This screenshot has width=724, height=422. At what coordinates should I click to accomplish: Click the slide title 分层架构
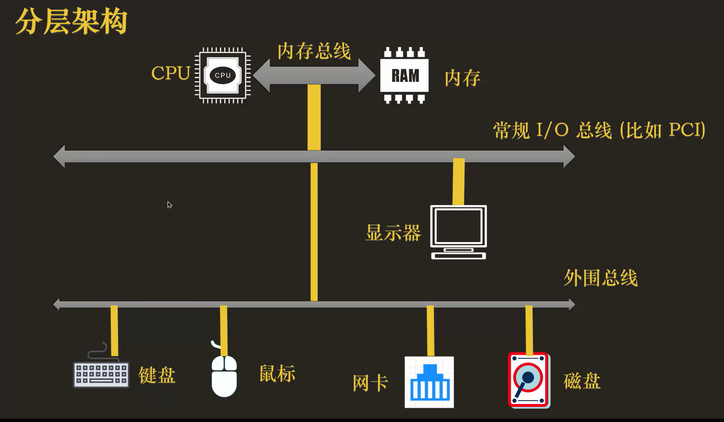pos(71,21)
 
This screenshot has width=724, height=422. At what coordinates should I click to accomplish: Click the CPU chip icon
pos(223,75)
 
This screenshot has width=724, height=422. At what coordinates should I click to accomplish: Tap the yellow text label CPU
pos(171,73)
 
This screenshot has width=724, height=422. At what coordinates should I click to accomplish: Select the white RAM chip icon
pos(404,75)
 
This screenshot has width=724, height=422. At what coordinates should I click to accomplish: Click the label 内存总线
pos(314,51)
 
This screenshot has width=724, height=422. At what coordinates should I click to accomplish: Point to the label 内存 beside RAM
pos(463,78)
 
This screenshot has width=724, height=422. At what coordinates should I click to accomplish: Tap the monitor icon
pos(458,231)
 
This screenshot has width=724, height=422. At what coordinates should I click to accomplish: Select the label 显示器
pos(393,232)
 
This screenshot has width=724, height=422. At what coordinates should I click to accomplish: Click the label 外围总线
pos(601,278)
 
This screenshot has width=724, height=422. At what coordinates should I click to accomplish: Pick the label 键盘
pos(157,375)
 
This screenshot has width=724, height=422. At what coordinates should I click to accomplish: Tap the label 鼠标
pos(277,374)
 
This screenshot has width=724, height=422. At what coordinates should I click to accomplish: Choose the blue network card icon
pos(429,382)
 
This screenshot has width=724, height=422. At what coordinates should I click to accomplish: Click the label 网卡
pos(370,383)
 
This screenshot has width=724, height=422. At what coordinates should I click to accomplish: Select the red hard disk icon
pos(528,380)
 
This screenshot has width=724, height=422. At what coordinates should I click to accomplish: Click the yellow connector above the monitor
pos(458,182)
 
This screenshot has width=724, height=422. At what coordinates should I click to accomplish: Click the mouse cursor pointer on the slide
pos(170,205)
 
